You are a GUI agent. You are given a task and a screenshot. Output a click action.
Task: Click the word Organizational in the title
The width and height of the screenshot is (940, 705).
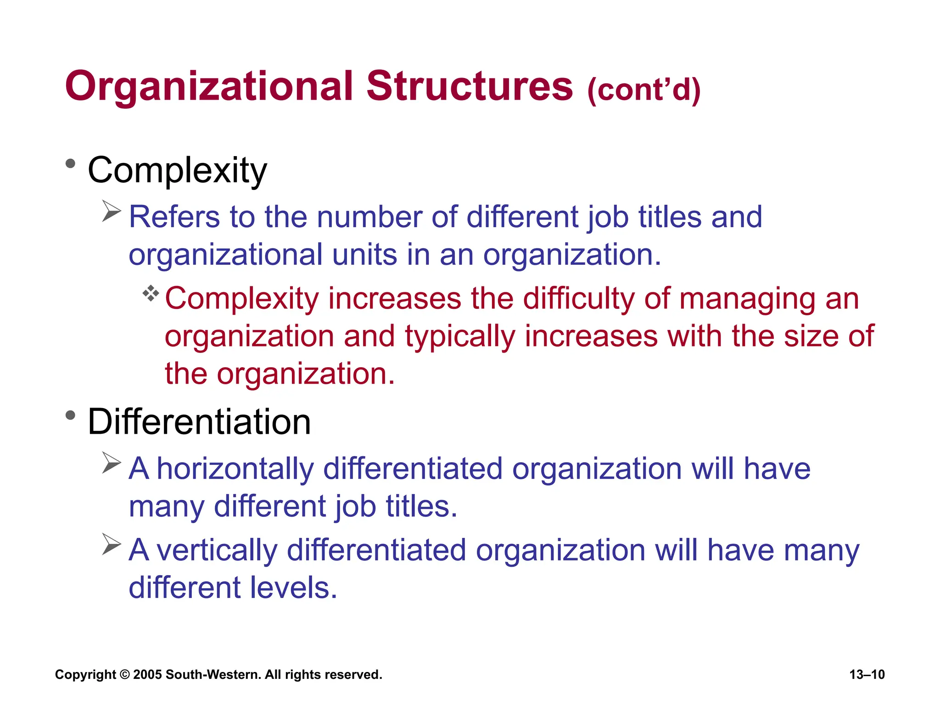point(209,87)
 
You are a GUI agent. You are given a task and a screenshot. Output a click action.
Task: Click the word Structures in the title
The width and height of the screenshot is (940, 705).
point(470,86)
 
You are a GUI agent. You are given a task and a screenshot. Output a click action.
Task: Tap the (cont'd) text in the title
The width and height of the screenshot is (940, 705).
point(643,90)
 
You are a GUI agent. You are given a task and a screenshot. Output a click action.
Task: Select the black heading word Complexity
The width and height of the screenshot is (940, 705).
point(177,171)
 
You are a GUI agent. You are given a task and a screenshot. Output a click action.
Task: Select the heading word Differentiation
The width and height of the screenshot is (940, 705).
point(199,422)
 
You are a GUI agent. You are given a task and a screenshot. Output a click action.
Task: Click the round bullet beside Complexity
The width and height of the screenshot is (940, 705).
point(70,164)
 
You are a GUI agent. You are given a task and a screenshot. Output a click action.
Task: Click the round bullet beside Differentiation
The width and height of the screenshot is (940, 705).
point(70,415)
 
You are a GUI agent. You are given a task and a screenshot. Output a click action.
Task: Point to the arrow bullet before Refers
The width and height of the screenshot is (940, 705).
point(111,211)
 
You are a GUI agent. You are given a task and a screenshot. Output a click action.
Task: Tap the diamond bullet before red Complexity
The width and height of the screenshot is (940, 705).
point(151,293)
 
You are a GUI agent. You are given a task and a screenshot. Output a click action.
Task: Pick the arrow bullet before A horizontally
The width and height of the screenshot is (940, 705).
point(111,463)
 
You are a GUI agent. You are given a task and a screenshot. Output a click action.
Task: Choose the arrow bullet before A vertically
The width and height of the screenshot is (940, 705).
point(111,544)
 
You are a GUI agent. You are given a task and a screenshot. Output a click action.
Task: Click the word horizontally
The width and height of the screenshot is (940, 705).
point(235,469)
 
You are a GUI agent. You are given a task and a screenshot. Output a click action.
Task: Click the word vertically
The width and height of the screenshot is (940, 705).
point(217,550)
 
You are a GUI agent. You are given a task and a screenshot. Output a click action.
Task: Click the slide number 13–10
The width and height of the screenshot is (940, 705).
point(867,674)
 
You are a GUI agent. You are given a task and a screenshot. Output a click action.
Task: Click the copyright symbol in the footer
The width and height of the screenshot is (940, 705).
point(124,675)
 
